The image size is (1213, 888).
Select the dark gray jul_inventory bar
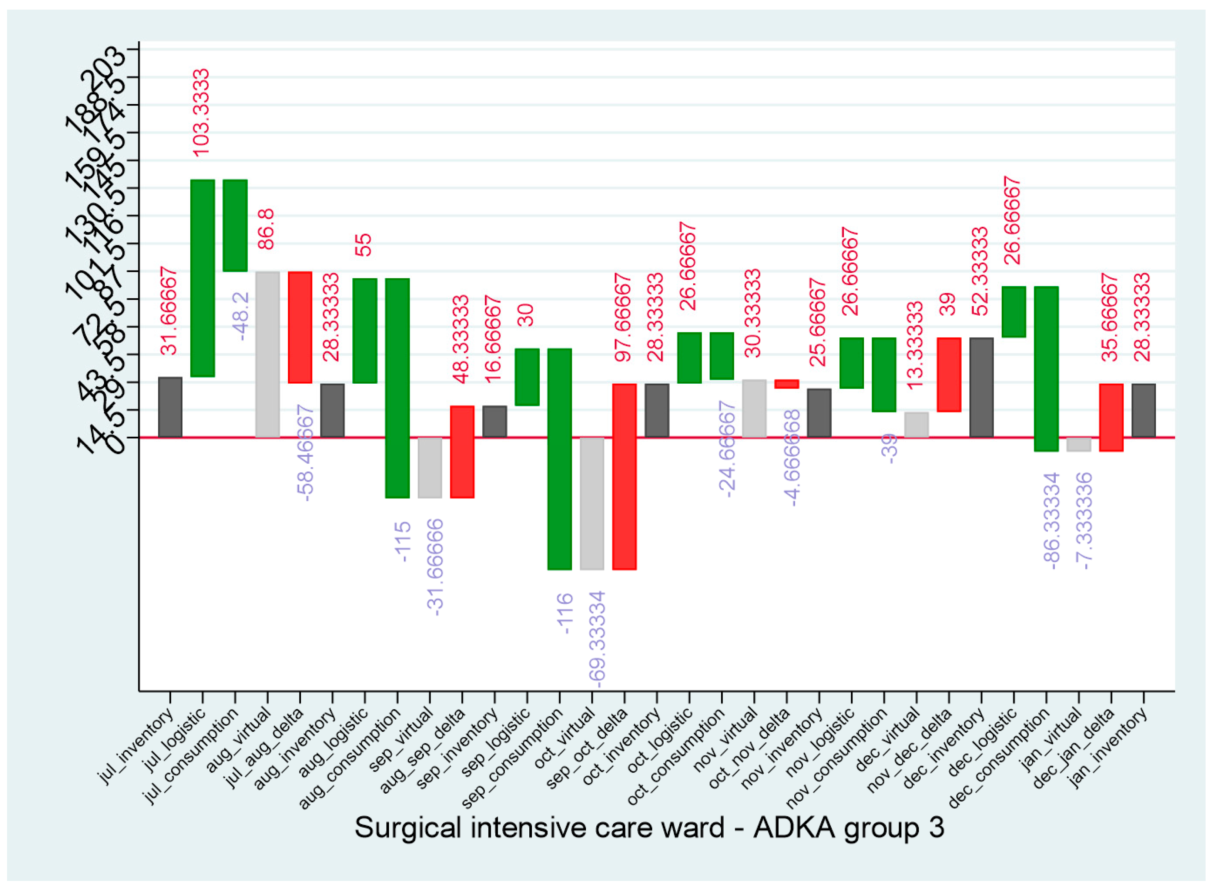click(x=170, y=407)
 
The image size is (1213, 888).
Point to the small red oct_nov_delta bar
click(x=786, y=384)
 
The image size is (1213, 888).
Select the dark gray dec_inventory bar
click(x=981, y=387)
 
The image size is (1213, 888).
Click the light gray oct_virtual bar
click(x=592, y=503)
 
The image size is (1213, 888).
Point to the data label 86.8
click(x=266, y=229)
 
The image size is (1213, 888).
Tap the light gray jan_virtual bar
click(x=1079, y=444)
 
